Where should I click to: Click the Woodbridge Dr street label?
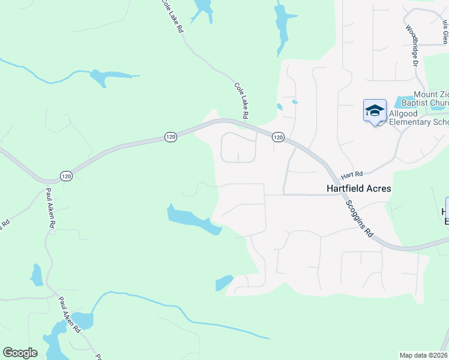(x=412, y=45)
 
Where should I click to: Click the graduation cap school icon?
(x=375, y=111)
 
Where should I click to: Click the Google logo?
(x=20, y=353)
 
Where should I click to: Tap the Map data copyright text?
(x=424, y=355)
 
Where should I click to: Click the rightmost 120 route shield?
(x=278, y=137)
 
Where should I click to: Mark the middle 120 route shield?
(x=171, y=137)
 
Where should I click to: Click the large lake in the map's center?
(x=192, y=218)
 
